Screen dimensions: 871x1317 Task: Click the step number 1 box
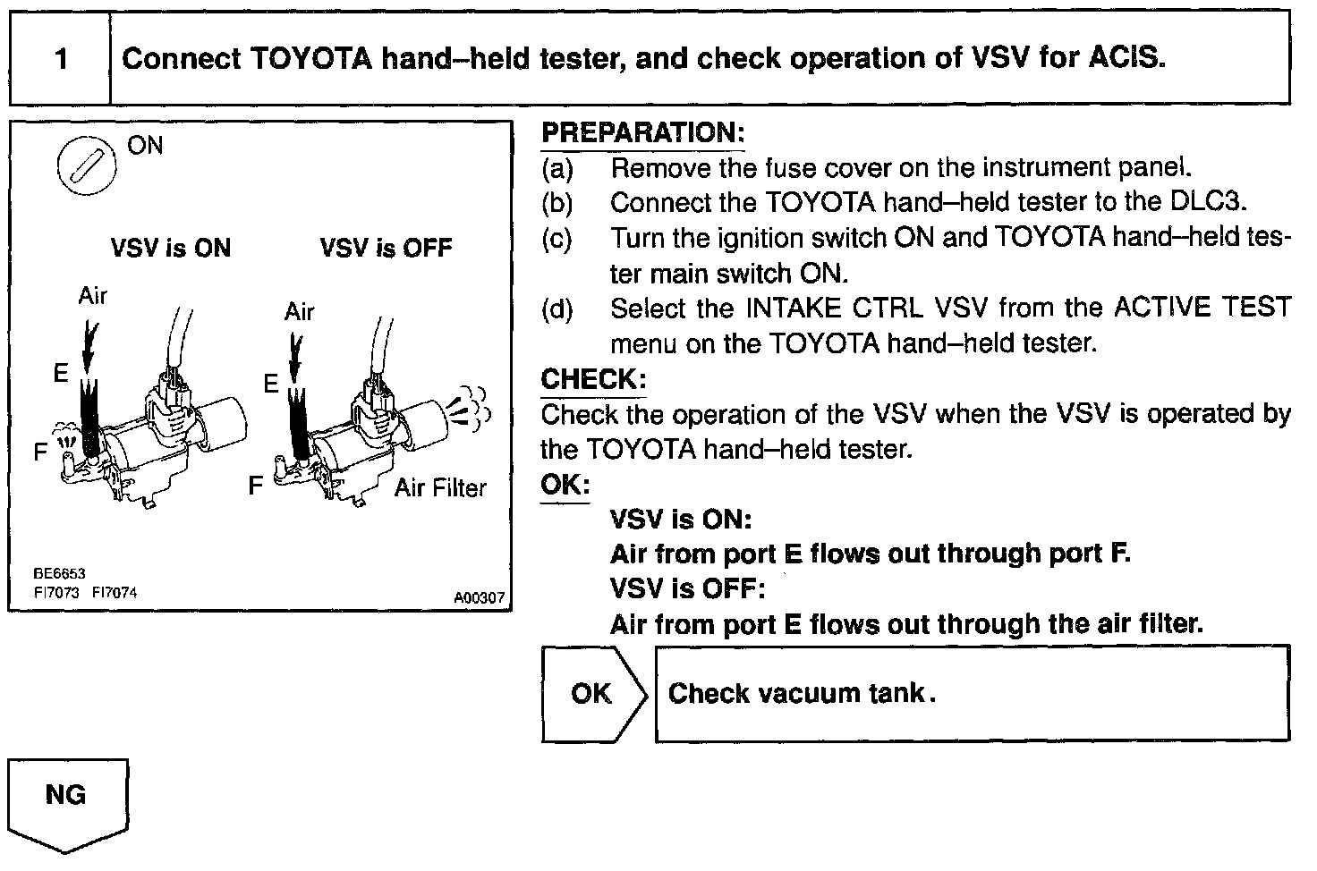point(60,59)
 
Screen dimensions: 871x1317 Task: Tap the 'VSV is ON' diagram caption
point(170,248)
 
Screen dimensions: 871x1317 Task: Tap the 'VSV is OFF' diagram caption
point(386,248)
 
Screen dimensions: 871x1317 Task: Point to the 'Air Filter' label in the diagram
point(440,488)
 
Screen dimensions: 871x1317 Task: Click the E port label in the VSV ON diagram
point(61,373)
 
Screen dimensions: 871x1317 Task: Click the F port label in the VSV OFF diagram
point(256,486)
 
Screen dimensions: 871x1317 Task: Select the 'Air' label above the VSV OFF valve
point(300,311)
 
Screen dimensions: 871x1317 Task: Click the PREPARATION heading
point(642,133)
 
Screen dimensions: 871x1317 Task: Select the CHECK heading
point(593,379)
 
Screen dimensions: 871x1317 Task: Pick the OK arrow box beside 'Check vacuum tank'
point(593,694)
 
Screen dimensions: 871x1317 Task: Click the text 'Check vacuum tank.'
point(802,693)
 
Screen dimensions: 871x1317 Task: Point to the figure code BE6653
point(59,573)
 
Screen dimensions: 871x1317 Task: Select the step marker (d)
point(557,309)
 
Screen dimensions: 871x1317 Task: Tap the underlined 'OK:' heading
point(565,486)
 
